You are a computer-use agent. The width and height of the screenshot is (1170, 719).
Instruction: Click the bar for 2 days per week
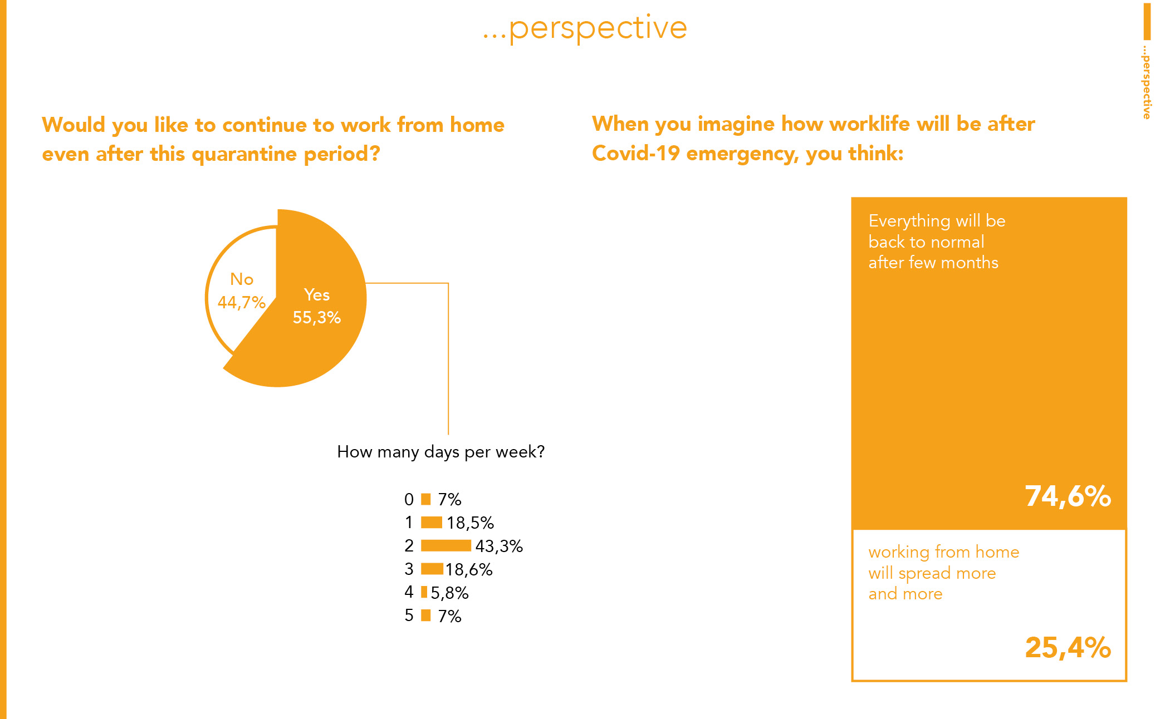point(446,545)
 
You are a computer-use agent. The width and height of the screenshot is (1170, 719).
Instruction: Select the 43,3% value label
point(499,546)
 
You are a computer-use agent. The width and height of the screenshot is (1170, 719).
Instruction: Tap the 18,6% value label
point(469,569)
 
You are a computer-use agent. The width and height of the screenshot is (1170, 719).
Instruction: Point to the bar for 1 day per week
point(432,523)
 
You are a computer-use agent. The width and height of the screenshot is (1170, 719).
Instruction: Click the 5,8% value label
point(449,593)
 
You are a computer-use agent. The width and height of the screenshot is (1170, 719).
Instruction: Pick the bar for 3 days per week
point(432,569)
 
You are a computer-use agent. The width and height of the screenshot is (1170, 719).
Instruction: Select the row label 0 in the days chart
point(409,499)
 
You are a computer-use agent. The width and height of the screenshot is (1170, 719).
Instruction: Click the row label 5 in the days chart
point(409,615)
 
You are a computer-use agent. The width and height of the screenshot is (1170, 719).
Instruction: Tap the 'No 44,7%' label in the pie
point(242,290)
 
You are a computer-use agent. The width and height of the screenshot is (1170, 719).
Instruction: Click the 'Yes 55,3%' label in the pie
point(317,306)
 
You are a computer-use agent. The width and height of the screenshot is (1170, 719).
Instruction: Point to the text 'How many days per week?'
point(440,452)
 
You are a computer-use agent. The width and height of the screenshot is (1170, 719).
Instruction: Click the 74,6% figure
point(1068,496)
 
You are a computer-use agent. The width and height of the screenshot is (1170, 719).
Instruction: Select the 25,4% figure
point(1068,647)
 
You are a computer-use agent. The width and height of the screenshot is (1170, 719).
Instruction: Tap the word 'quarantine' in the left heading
point(244,154)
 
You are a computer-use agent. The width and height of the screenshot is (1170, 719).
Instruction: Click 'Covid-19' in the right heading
point(636,153)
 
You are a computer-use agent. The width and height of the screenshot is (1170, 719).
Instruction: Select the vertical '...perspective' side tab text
point(1146,82)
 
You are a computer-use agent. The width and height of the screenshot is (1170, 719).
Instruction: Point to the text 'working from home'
point(944,552)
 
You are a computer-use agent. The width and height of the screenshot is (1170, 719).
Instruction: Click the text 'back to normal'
point(926,242)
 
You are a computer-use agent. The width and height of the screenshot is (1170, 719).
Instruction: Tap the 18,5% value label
point(470,523)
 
